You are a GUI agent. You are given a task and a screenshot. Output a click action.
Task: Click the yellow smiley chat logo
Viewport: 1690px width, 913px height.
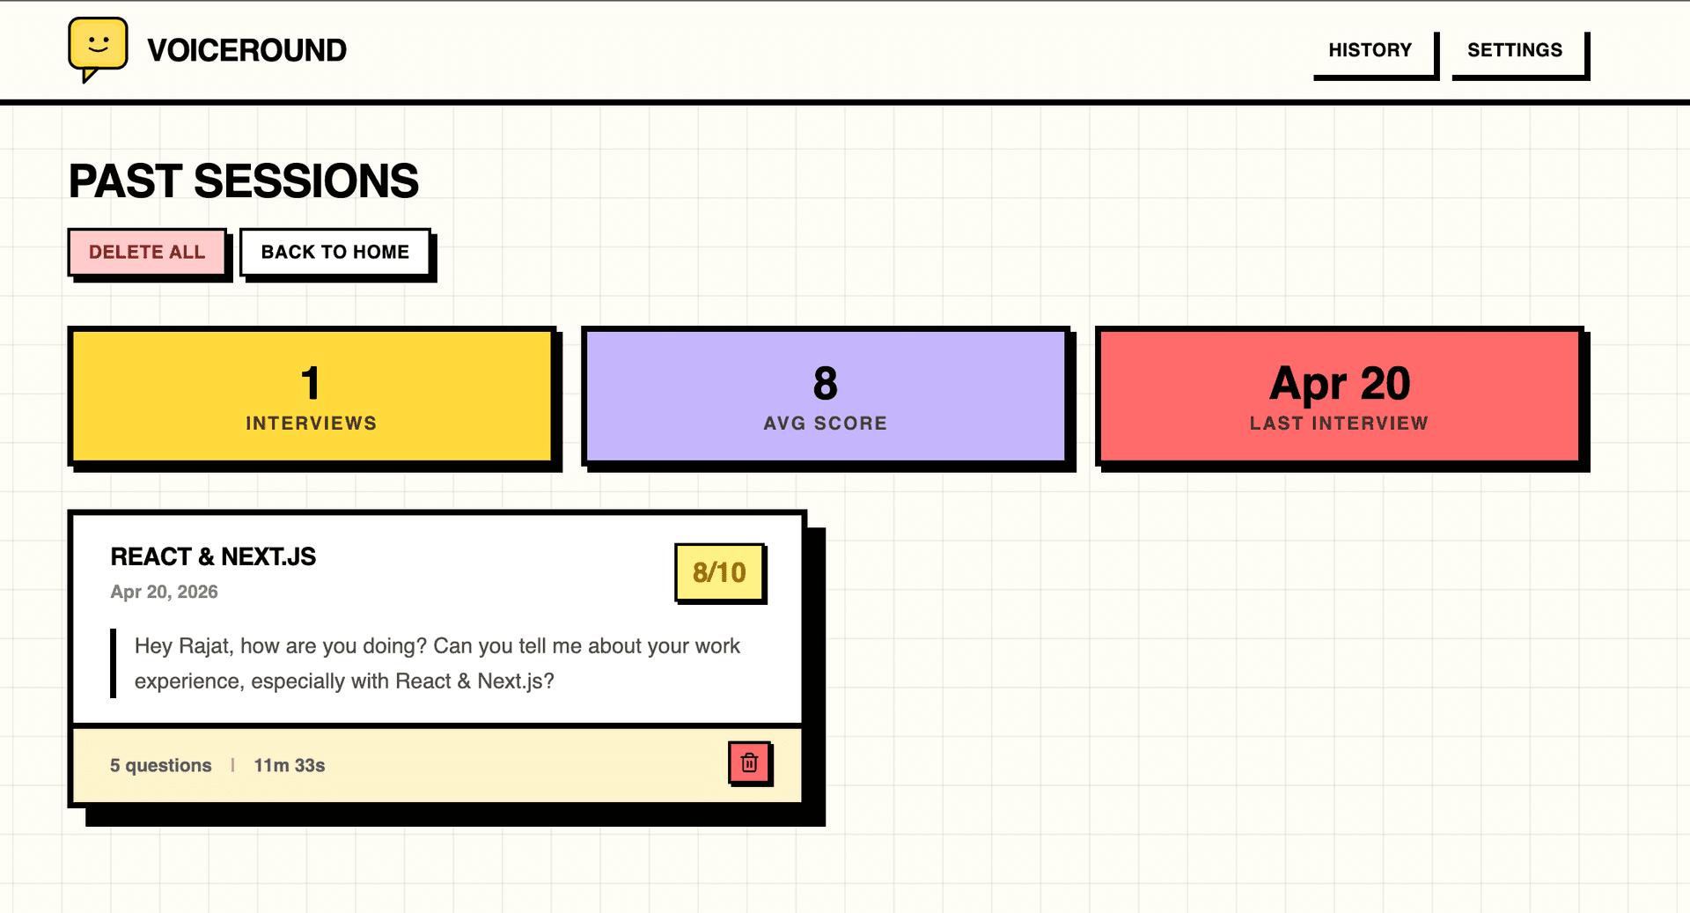click(x=98, y=48)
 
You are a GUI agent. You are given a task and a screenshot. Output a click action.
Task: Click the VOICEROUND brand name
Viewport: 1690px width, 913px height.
click(x=246, y=50)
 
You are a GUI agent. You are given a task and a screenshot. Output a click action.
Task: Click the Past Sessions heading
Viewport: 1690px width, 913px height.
click(x=244, y=181)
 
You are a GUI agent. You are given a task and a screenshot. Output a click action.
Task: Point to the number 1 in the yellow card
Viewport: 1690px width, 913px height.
click(x=311, y=383)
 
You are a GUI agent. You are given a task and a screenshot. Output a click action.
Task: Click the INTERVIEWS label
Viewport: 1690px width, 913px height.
click(x=312, y=423)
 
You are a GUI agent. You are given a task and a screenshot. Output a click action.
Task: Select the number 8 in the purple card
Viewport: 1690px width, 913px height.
click(x=826, y=383)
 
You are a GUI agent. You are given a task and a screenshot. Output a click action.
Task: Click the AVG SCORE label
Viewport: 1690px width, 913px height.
click(x=826, y=423)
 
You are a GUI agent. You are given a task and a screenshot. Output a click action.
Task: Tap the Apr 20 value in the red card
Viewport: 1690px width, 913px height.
click(x=1340, y=385)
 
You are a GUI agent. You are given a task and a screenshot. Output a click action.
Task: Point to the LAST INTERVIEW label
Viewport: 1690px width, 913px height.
click(x=1339, y=423)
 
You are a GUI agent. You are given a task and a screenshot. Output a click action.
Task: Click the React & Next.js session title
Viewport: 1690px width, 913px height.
click(x=213, y=556)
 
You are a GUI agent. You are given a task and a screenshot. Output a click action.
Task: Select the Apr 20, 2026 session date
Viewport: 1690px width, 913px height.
click(x=164, y=592)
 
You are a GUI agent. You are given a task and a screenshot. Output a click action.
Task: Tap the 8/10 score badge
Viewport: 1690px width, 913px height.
click(x=719, y=573)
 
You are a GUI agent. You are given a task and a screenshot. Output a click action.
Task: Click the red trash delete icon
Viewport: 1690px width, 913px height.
click(x=750, y=762)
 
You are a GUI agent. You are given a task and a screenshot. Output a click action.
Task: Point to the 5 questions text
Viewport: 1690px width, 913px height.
click(x=161, y=766)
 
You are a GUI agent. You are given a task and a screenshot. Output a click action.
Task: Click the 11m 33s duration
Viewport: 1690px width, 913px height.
click(x=290, y=766)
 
